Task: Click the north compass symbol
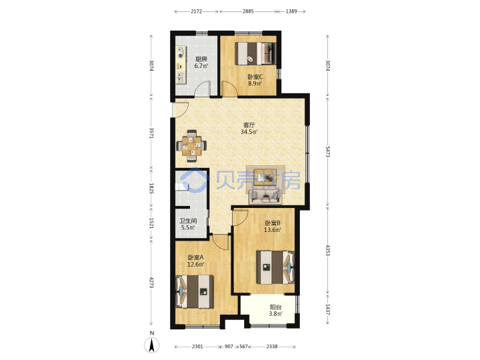click(152, 345)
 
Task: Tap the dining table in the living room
click(191, 146)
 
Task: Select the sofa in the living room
click(265, 197)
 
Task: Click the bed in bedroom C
click(255, 53)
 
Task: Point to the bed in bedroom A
click(195, 291)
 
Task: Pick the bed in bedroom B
click(275, 267)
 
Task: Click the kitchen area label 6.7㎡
click(201, 66)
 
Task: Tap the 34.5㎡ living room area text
click(249, 132)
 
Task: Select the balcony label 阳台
click(275, 307)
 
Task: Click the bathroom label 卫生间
click(188, 221)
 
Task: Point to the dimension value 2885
click(248, 11)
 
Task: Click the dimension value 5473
click(327, 152)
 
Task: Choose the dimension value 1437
click(327, 309)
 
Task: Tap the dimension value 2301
click(197, 347)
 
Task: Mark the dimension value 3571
click(151, 133)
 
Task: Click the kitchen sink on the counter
click(180, 77)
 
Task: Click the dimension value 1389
click(291, 11)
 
